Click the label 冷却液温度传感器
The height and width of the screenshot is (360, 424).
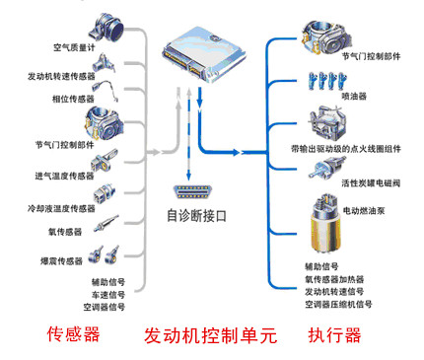58,209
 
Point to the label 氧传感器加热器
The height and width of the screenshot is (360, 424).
335,279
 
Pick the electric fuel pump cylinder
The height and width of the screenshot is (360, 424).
322,225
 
